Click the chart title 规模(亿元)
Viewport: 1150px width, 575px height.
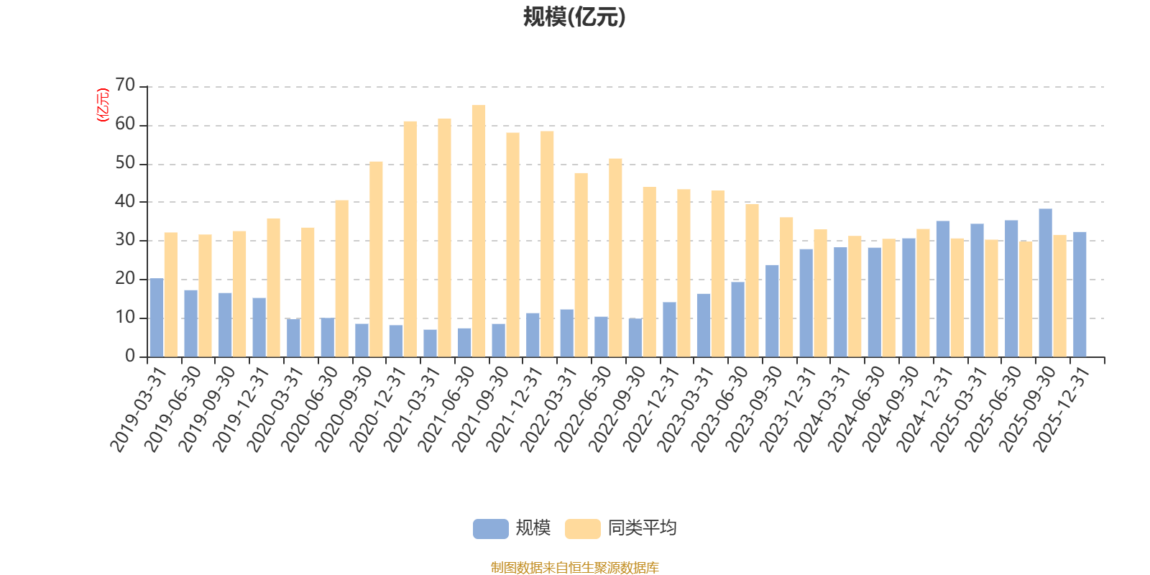click(x=574, y=17)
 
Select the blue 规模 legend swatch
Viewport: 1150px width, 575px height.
click(x=490, y=529)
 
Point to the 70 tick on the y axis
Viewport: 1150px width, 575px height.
click(x=125, y=86)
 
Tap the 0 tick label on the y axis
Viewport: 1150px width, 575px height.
click(x=130, y=356)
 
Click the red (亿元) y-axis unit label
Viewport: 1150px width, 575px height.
click(x=102, y=105)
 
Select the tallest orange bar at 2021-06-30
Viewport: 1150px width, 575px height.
click(x=479, y=231)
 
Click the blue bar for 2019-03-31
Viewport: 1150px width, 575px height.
click(x=156, y=318)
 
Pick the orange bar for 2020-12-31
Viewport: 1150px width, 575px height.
click(x=410, y=239)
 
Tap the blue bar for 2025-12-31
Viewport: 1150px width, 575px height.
click(x=1080, y=294)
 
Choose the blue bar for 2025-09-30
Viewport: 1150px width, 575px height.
click(x=1045, y=282)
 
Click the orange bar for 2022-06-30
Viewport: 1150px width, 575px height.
click(x=615, y=258)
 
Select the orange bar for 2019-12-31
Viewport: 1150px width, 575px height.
click(x=273, y=287)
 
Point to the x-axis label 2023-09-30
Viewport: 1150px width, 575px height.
click(x=754, y=408)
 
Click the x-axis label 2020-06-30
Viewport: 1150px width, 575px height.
click(x=309, y=408)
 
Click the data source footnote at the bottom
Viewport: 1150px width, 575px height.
click(x=574, y=568)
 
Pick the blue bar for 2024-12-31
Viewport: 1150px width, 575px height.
click(x=942, y=289)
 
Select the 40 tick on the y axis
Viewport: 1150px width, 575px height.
click(x=125, y=202)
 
